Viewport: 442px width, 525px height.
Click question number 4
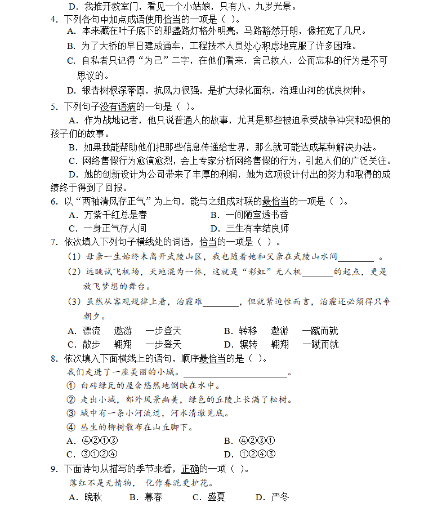(x=53, y=19)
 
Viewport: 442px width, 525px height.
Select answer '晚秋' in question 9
(x=93, y=497)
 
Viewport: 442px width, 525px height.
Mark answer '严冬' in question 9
(x=279, y=497)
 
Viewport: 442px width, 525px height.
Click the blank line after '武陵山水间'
(x=355, y=258)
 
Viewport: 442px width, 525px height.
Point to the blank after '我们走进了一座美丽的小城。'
(x=235, y=373)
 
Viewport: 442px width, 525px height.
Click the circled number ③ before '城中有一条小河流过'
(x=71, y=413)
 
